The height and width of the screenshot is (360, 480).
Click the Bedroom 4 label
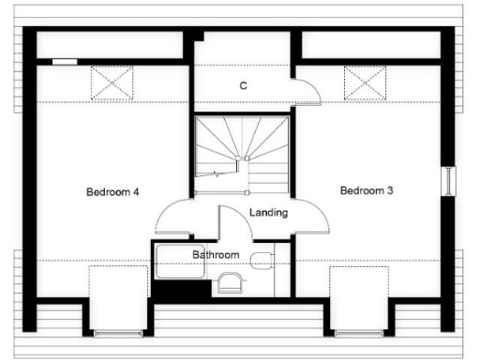112,192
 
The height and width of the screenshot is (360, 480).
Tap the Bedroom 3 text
366,190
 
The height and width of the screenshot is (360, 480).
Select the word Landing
269,213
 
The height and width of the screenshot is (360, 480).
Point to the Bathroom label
216,254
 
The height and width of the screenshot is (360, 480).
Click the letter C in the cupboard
243,86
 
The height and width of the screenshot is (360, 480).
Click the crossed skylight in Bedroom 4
112,83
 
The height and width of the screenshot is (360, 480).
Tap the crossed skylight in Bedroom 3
366,83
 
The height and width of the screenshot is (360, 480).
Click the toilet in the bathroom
262,258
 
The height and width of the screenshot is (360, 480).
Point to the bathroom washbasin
228,280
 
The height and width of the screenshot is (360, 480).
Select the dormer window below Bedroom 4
117,332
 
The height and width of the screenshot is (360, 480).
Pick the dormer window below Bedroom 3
359,332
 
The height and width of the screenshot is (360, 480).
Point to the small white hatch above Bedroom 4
65,62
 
